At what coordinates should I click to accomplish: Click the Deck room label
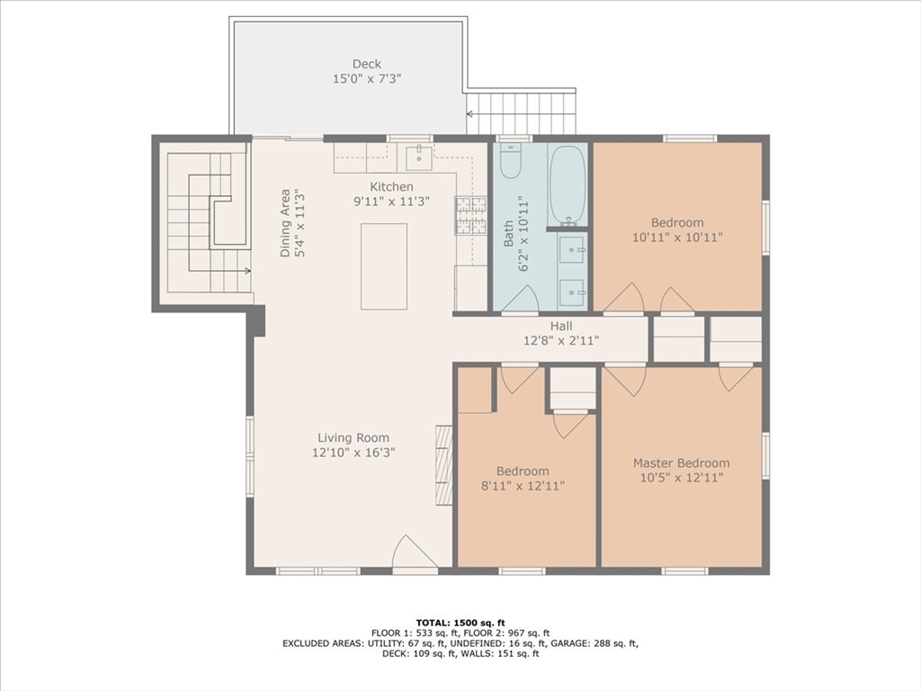(366, 64)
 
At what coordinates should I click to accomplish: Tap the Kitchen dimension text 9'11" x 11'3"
(391, 202)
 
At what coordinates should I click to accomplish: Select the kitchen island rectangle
(384, 266)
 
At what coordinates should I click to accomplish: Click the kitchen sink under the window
(418, 157)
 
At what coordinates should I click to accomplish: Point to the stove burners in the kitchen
(470, 216)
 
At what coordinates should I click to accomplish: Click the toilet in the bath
(511, 162)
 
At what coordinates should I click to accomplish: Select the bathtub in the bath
(568, 185)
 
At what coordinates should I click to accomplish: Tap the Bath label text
(509, 234)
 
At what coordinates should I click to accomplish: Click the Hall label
(561, 326)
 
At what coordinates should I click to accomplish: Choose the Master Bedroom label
(681, 463)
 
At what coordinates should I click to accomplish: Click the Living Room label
(353, 438)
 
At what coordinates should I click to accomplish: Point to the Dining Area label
(285, 223)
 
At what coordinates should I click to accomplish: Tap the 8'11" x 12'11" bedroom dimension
(523, 486)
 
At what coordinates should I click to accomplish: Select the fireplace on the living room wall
(443, 465)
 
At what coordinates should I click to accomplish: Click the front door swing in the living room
(415, 552)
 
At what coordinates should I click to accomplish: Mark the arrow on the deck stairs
(469, 114)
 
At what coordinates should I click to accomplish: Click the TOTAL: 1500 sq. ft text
(460, 623)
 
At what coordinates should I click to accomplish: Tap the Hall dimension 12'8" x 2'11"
(561, 341)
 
